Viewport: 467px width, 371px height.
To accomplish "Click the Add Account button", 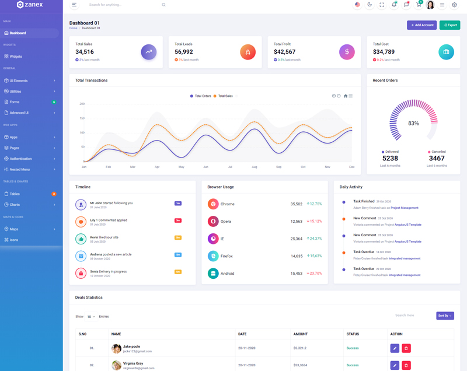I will [421, 25].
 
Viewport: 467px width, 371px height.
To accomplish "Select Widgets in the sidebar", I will [16, 57].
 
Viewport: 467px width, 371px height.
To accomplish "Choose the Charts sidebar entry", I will [15, 205].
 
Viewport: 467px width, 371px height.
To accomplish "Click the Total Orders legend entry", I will [200, 96].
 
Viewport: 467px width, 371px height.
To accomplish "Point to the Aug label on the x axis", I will [255, 167].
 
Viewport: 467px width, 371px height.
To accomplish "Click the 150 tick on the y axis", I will [82, 118].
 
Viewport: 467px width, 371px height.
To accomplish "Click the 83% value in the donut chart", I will [413, 124].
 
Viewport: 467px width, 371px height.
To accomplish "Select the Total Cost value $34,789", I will [384, 52].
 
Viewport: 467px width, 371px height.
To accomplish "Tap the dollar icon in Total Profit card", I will [347, 52].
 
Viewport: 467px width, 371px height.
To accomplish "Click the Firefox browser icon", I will [213, 256].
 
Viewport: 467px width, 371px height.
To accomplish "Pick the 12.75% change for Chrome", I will [314, 204].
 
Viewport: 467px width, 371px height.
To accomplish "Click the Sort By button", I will [445, 316].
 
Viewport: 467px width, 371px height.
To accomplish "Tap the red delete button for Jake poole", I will [406, 348].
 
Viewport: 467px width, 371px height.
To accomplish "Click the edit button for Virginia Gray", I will [395, 365].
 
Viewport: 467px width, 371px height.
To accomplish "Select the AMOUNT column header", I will [301, 334].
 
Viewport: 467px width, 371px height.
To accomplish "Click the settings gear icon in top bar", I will [454, 5].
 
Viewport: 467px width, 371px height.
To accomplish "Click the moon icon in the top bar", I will [370, 5].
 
